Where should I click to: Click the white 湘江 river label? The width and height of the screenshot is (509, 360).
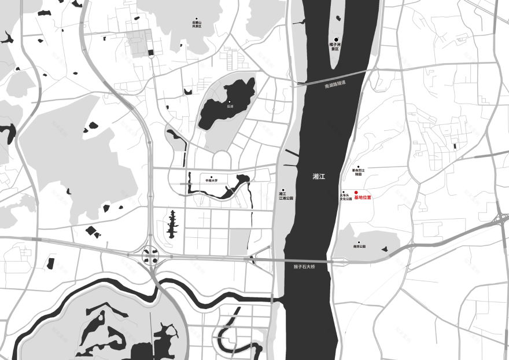pos(318,177)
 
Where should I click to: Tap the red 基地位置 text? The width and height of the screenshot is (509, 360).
pos(362,198)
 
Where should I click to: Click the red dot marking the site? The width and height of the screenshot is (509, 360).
pos(356,192)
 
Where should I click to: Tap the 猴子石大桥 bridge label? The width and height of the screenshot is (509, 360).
pos(303,266)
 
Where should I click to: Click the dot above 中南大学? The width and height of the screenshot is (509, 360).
pos(212,177)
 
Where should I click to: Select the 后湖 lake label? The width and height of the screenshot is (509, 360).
pos(230,106)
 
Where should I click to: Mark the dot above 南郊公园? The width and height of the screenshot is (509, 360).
pos(359,243)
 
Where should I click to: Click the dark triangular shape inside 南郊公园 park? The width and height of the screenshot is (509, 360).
pos(384,249)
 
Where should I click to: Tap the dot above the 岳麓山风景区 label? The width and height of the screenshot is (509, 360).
pos(197,19)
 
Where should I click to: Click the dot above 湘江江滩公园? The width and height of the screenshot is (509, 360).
pos(283,190)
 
